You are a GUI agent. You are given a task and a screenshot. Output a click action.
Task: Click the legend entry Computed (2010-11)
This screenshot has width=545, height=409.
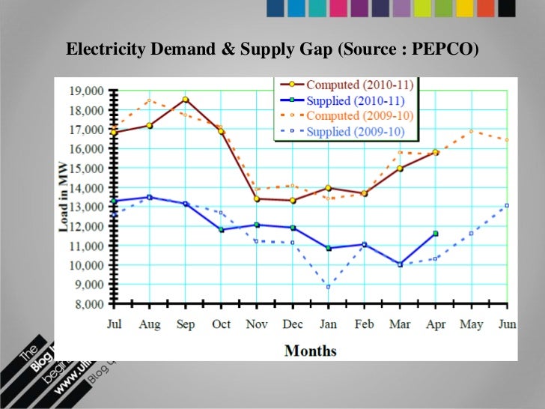361,84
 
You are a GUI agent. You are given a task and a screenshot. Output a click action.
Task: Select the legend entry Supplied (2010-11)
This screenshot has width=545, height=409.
355,100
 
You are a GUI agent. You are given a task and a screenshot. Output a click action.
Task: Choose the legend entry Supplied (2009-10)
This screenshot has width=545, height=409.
355,131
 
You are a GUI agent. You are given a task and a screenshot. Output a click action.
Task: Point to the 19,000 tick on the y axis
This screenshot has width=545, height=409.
85,91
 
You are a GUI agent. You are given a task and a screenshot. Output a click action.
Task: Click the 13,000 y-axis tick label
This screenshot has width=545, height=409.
85,207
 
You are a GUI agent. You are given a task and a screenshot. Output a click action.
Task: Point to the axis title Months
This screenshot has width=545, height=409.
310,351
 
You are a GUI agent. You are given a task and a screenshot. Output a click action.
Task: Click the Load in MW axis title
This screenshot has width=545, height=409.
65,198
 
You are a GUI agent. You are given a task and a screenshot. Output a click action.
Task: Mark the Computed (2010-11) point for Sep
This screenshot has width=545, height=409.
185,100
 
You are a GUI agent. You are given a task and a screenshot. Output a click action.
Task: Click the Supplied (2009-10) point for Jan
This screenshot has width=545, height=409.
328,286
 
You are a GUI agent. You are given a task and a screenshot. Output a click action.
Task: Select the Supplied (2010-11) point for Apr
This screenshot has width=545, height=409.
435,234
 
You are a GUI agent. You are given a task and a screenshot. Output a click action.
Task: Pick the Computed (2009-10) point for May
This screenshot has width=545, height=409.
471,132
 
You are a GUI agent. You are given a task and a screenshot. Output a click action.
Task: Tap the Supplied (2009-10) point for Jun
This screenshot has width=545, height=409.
507,205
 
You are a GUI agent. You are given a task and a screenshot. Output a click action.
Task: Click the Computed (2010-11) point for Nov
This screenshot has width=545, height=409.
257,199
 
